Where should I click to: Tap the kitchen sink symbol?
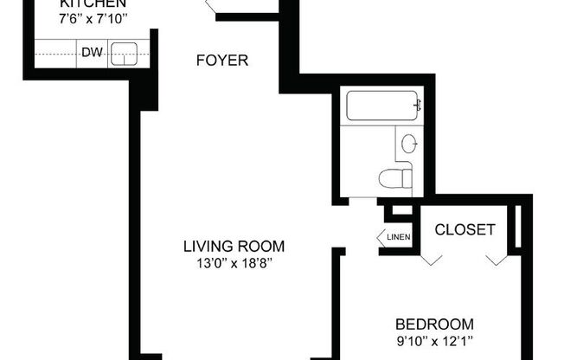(x=125, y=54)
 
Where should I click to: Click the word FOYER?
(x=222, y=61)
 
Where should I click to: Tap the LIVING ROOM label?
(x=234, y=244)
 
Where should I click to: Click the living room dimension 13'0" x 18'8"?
(x=234, y=261)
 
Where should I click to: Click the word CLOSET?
(x=465, y=230)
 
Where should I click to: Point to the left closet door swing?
(x=432, y=258)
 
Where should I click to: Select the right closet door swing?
(x=496, y=258)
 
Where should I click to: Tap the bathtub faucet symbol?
(x=418, y=106)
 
